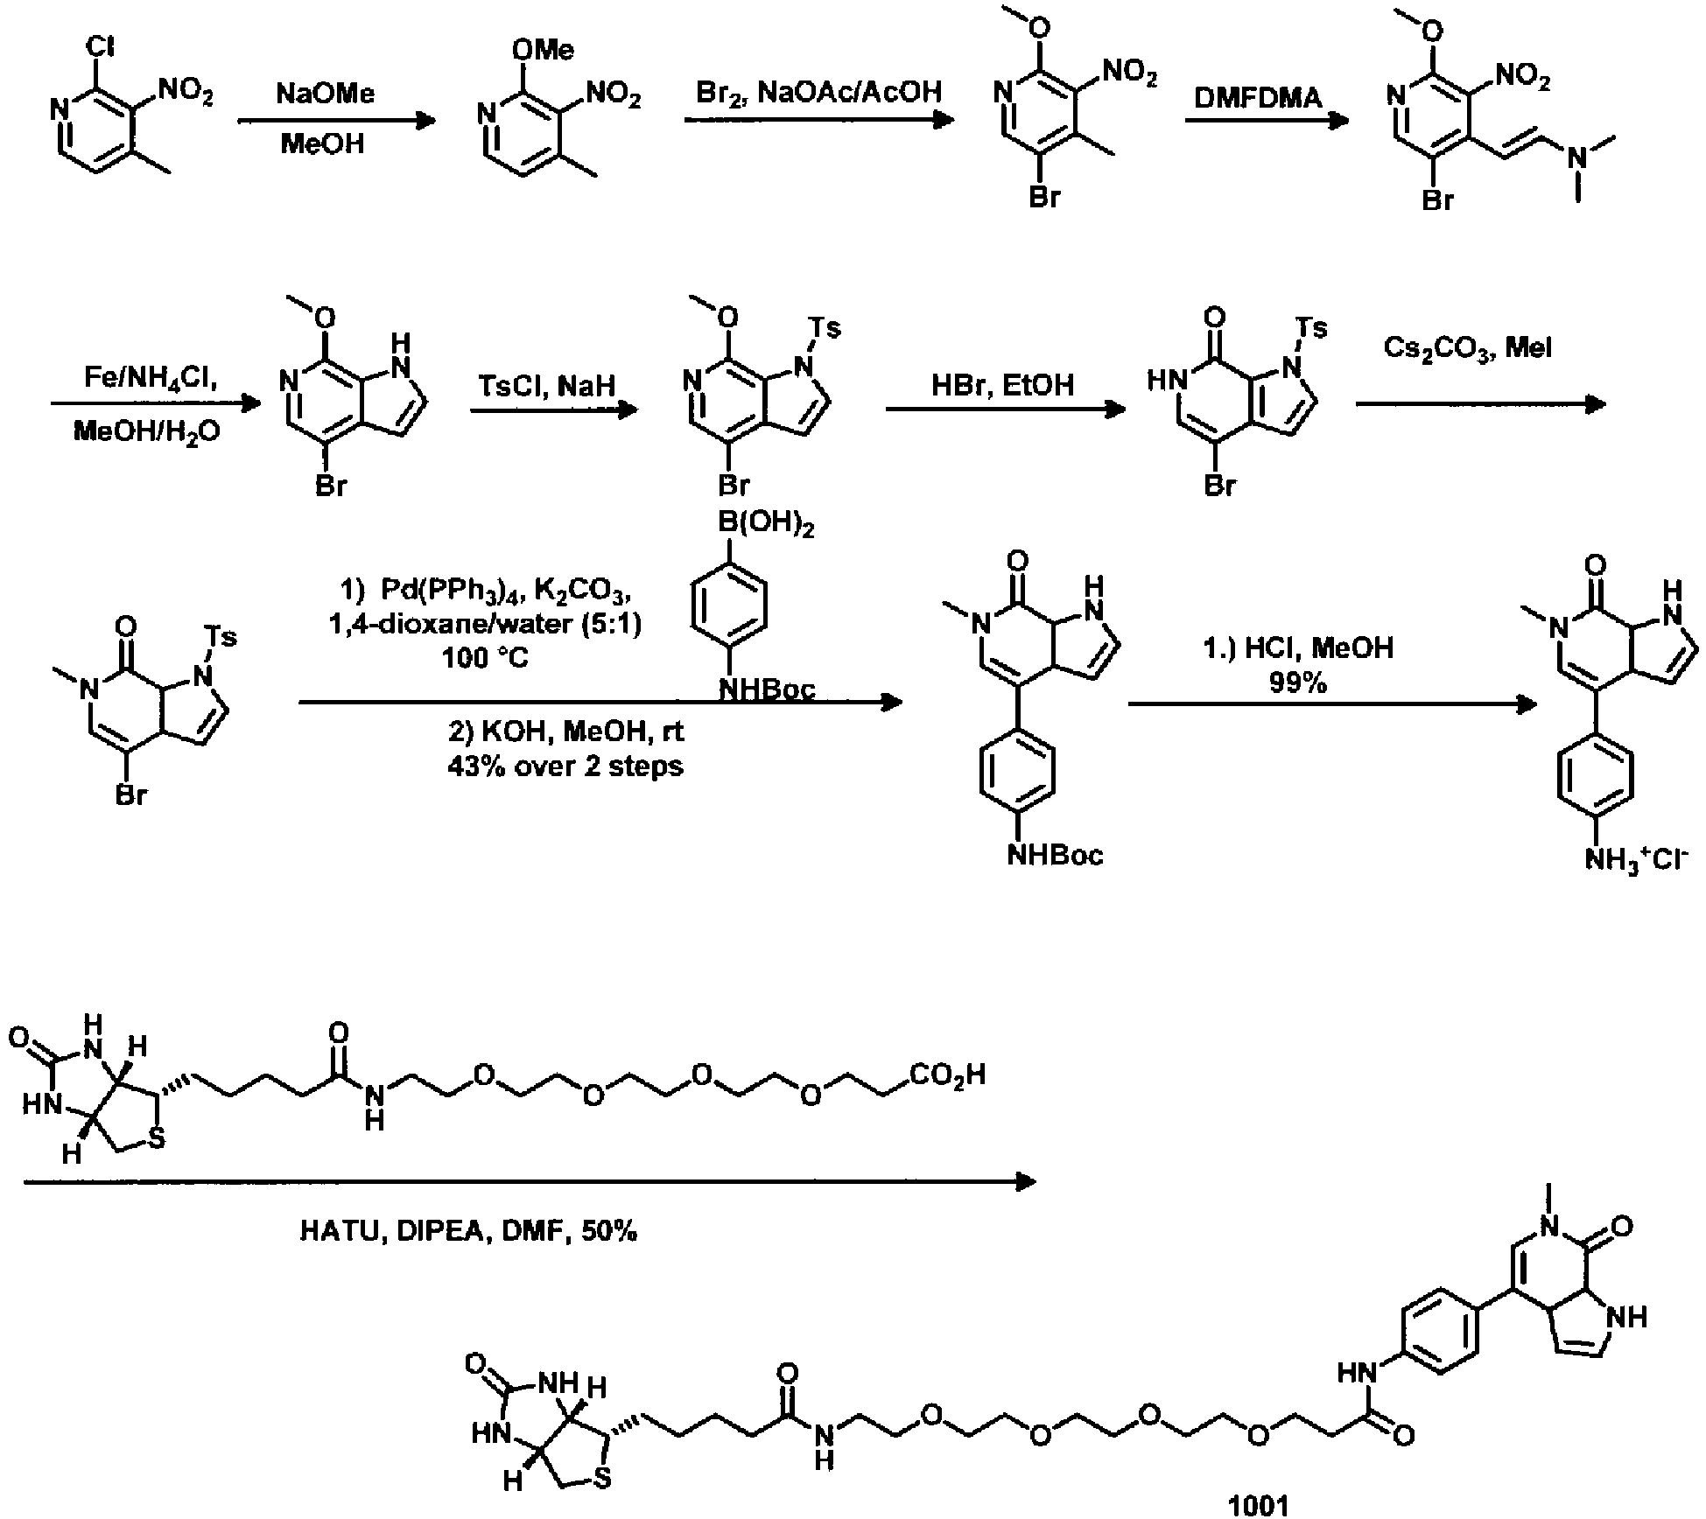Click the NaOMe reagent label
325,93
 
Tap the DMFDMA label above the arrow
1259,97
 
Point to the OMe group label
544,50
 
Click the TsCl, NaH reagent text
547,385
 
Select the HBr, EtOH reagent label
1002,385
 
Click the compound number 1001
1259,1504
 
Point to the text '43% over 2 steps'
565,766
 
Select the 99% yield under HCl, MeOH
1297,682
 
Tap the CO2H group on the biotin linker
947,1073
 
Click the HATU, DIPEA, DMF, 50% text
468,1231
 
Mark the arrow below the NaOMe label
336,121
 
